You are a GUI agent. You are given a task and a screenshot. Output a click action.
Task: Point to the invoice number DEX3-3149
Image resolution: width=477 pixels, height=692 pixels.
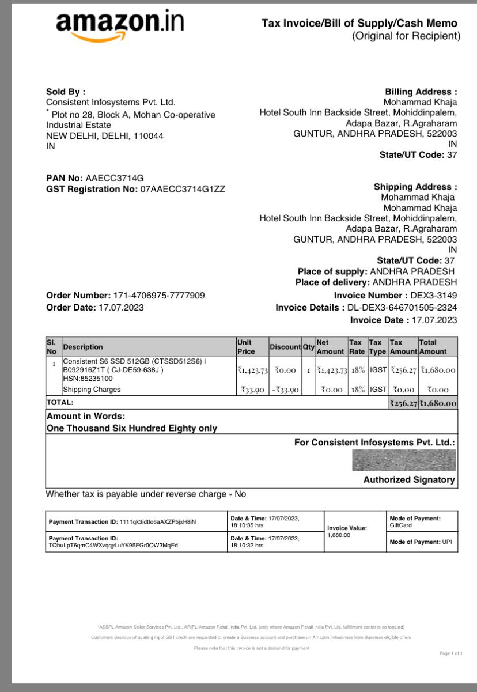433,296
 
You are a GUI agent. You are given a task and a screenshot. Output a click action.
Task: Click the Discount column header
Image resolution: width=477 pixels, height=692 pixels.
285,347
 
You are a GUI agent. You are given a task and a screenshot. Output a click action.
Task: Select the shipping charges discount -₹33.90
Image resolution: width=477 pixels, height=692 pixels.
285,390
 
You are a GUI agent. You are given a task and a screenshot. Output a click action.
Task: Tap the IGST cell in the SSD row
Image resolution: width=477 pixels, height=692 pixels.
378,370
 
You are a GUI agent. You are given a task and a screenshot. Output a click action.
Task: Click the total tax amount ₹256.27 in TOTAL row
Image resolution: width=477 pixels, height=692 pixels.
403,403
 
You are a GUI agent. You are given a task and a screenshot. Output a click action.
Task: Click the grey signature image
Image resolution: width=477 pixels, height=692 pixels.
403,461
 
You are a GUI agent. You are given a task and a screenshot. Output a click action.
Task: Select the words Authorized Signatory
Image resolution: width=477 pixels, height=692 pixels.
409,480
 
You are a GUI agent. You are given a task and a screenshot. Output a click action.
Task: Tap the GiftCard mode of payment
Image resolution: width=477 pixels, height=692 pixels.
401,525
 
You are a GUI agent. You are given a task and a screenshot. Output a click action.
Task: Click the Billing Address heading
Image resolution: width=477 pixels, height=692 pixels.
421,92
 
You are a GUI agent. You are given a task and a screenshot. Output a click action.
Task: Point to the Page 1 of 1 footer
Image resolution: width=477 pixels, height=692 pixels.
450,653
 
